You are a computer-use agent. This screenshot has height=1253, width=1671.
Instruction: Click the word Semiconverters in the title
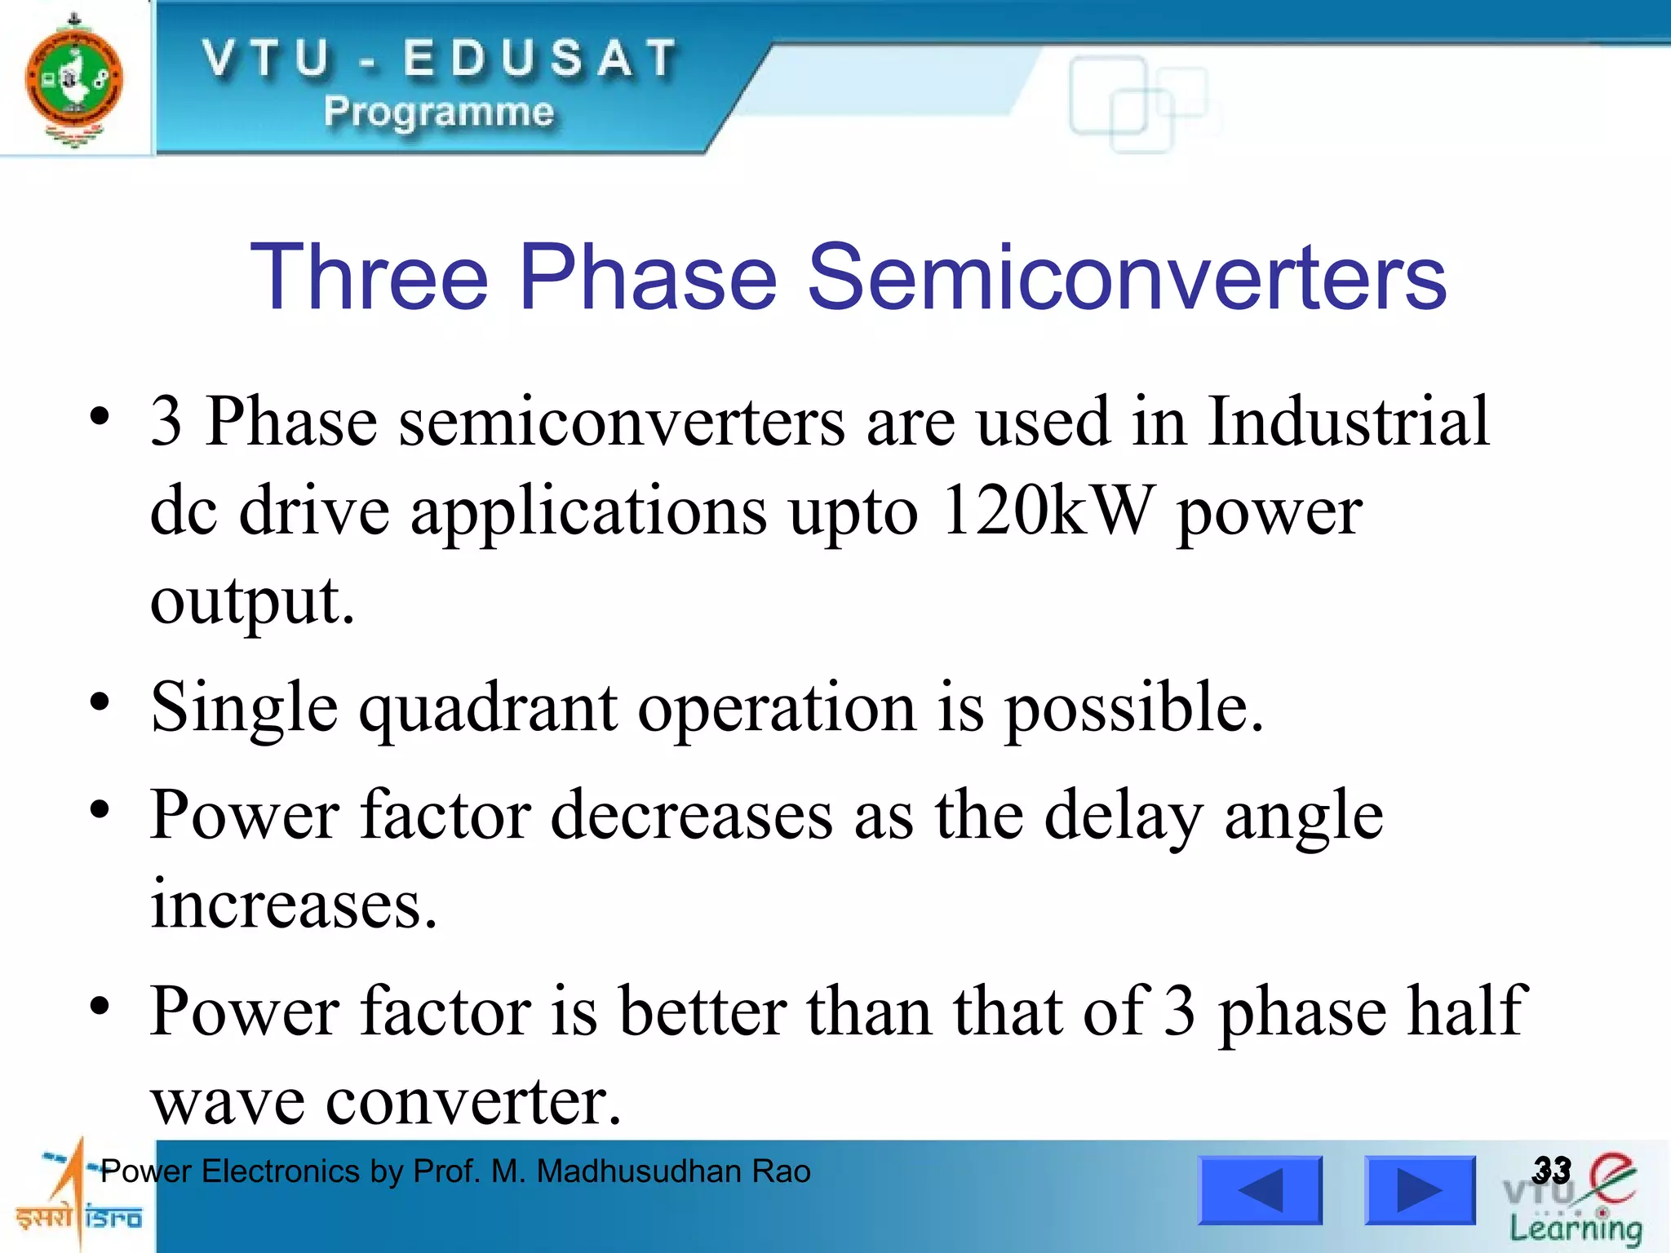tap(1126, 277)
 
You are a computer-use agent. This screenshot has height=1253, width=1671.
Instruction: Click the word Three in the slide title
tap(369, 277)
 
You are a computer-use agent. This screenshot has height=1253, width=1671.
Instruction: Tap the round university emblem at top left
tap(74, 80)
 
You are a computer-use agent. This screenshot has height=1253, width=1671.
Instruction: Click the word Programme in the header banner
tap(439, 112)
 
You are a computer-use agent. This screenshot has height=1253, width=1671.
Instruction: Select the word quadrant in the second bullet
tap(488, 708)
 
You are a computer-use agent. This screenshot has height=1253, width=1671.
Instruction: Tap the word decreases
tap(692, 816)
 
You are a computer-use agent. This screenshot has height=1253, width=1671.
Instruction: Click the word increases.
tap(294, 905)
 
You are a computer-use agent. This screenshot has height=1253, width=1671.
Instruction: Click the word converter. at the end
tap(473, 1101)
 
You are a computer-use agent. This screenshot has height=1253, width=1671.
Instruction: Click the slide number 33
tap(1551, 1170)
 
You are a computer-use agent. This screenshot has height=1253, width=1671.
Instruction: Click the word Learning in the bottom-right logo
tap(1575, 1229)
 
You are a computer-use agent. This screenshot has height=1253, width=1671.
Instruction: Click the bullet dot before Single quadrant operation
tap(100, 702)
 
